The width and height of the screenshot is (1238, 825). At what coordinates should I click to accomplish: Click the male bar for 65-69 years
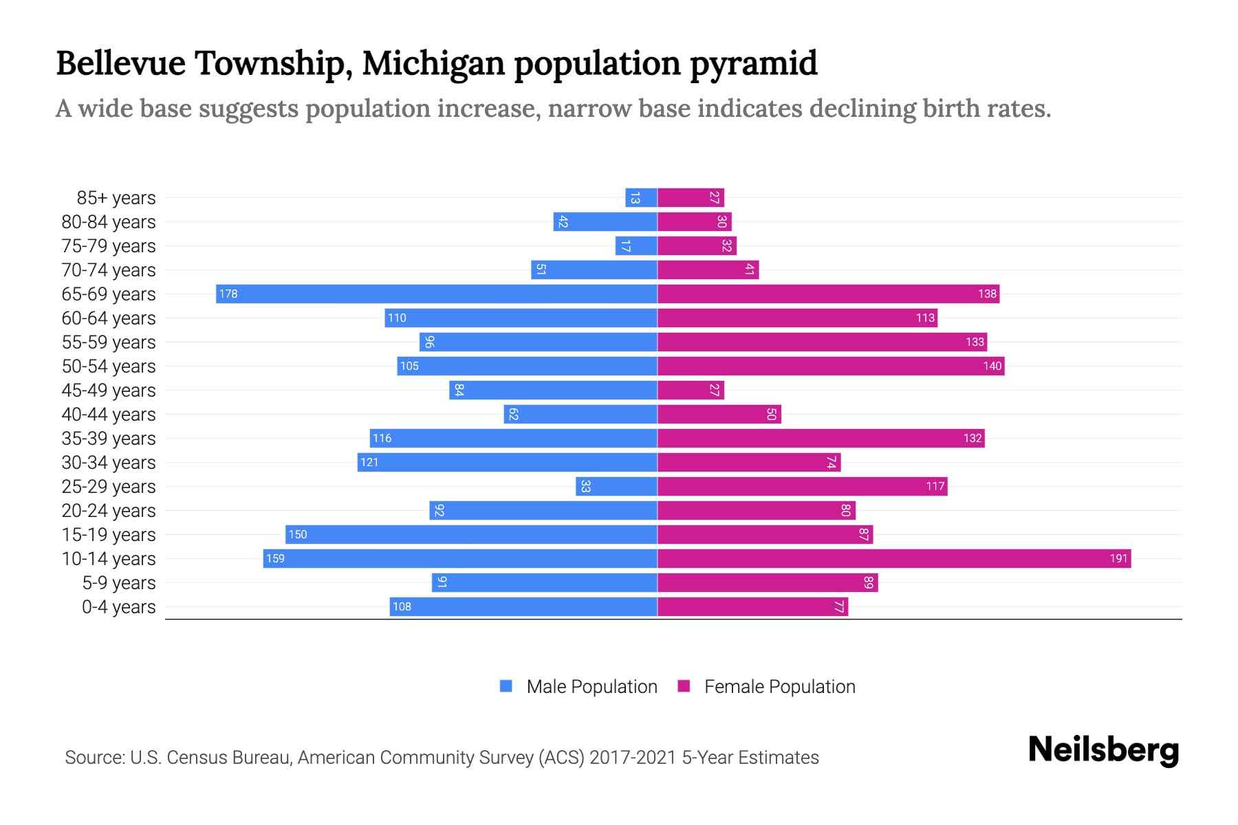[x=437, y=294]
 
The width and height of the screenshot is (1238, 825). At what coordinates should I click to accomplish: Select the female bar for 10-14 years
[x=894, y=558]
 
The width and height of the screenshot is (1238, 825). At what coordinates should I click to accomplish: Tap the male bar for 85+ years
[x=641, y=197]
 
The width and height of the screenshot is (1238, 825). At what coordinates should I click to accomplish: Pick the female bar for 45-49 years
[x=691, y=390]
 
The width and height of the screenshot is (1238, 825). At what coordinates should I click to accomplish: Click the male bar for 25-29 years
[x=616, y=486]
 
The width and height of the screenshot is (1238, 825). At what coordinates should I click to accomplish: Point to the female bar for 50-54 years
[x=831, y=366]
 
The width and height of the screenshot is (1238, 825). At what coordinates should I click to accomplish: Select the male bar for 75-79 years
[x=636, y=245]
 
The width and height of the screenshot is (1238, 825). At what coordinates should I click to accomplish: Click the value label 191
[x=1118, y=558]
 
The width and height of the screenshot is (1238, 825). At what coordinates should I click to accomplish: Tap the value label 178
[x=228, y=294]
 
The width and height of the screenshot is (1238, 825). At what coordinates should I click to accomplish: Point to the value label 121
[x=369, y=462]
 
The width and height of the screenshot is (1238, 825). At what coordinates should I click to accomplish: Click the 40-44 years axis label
[x=109, y=414]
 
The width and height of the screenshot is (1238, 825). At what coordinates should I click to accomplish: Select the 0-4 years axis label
[x=118, y=606]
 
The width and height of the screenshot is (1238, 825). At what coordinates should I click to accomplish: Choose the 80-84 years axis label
[x=109, y=221]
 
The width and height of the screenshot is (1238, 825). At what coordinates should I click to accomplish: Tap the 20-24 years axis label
[x=109, y=510]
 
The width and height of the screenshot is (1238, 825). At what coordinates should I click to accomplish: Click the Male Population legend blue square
[x=506, y=686]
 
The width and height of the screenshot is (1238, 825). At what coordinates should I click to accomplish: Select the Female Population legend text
[x=779, y=686]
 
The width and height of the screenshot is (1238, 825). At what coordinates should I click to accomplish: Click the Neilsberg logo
[x=1103, y=750]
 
